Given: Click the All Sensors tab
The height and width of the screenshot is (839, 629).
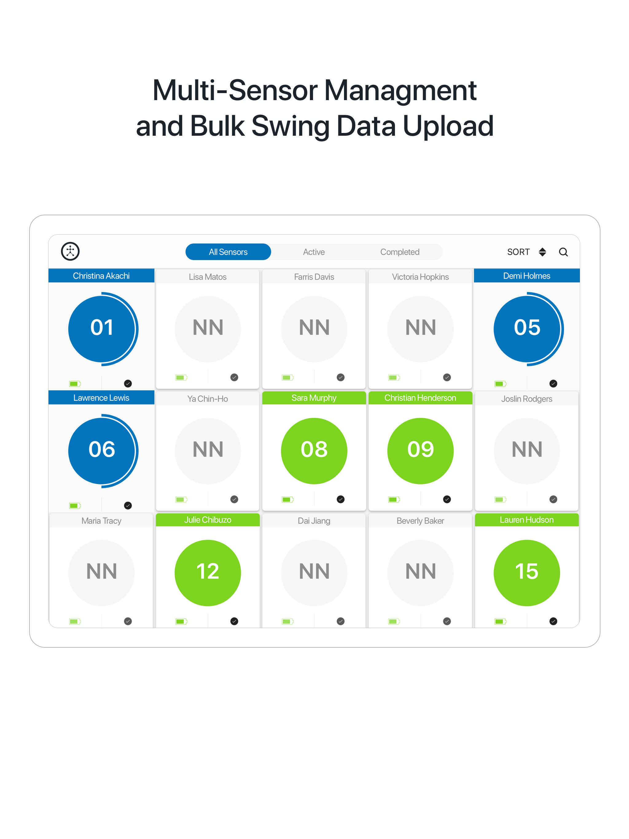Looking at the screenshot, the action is tap(228, 252).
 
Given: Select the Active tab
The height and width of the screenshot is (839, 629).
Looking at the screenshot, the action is tap(314, 252).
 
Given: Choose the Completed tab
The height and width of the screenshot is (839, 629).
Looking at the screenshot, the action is tap(400, 252).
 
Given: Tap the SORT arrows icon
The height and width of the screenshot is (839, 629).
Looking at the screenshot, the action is tap(542, 252).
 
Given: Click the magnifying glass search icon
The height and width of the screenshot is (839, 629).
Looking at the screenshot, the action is tap(563, 252).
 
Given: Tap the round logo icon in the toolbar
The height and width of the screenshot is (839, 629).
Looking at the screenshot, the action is tap(70, 251).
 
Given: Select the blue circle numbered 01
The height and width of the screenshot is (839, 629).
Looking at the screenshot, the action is tap(101, 329).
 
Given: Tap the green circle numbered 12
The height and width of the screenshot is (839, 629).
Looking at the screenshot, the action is tap(208, 573).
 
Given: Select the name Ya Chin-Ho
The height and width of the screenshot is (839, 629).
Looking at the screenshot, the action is tap(208, 399).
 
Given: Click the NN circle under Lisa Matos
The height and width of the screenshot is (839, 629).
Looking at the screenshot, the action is tap(208, 329).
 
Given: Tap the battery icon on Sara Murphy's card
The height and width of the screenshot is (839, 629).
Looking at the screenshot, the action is tap(287, 500).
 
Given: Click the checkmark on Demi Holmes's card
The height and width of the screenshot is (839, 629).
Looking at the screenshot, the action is tap(553, 384).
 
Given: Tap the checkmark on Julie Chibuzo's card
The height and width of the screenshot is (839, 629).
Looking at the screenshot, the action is tap(234, 621).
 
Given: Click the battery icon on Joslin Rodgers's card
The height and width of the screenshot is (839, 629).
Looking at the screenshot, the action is tap(500, 500).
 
